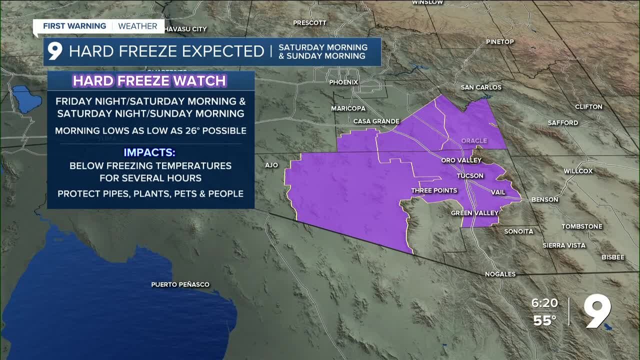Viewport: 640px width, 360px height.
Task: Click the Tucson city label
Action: (470, 176)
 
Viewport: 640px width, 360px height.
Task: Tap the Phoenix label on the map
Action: (343, 82)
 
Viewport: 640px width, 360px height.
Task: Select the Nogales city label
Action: (500, 274)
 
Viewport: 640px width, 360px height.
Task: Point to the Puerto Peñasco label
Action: (180, 284)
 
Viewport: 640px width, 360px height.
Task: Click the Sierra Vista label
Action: (564, 245)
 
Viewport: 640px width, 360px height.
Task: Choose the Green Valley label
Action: (475, 213)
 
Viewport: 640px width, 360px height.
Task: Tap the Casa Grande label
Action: (376, 121)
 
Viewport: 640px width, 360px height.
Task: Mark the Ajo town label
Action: (271, 165)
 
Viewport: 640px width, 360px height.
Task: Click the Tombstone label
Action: (581, 226)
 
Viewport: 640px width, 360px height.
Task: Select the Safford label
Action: (562, 122)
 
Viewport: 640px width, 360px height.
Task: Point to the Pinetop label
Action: (499, 42)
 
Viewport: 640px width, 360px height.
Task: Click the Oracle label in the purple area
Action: (474, 141)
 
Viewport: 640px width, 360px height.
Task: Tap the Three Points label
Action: (434, 190)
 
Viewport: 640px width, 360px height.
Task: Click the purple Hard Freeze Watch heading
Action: (150, 81)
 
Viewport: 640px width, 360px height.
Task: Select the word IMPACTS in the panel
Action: (150, 152)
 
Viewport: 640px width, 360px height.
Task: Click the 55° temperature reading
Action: (544, 320)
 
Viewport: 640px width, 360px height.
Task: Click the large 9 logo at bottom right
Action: (598, 311)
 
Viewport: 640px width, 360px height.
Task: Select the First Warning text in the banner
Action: (74, 26)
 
